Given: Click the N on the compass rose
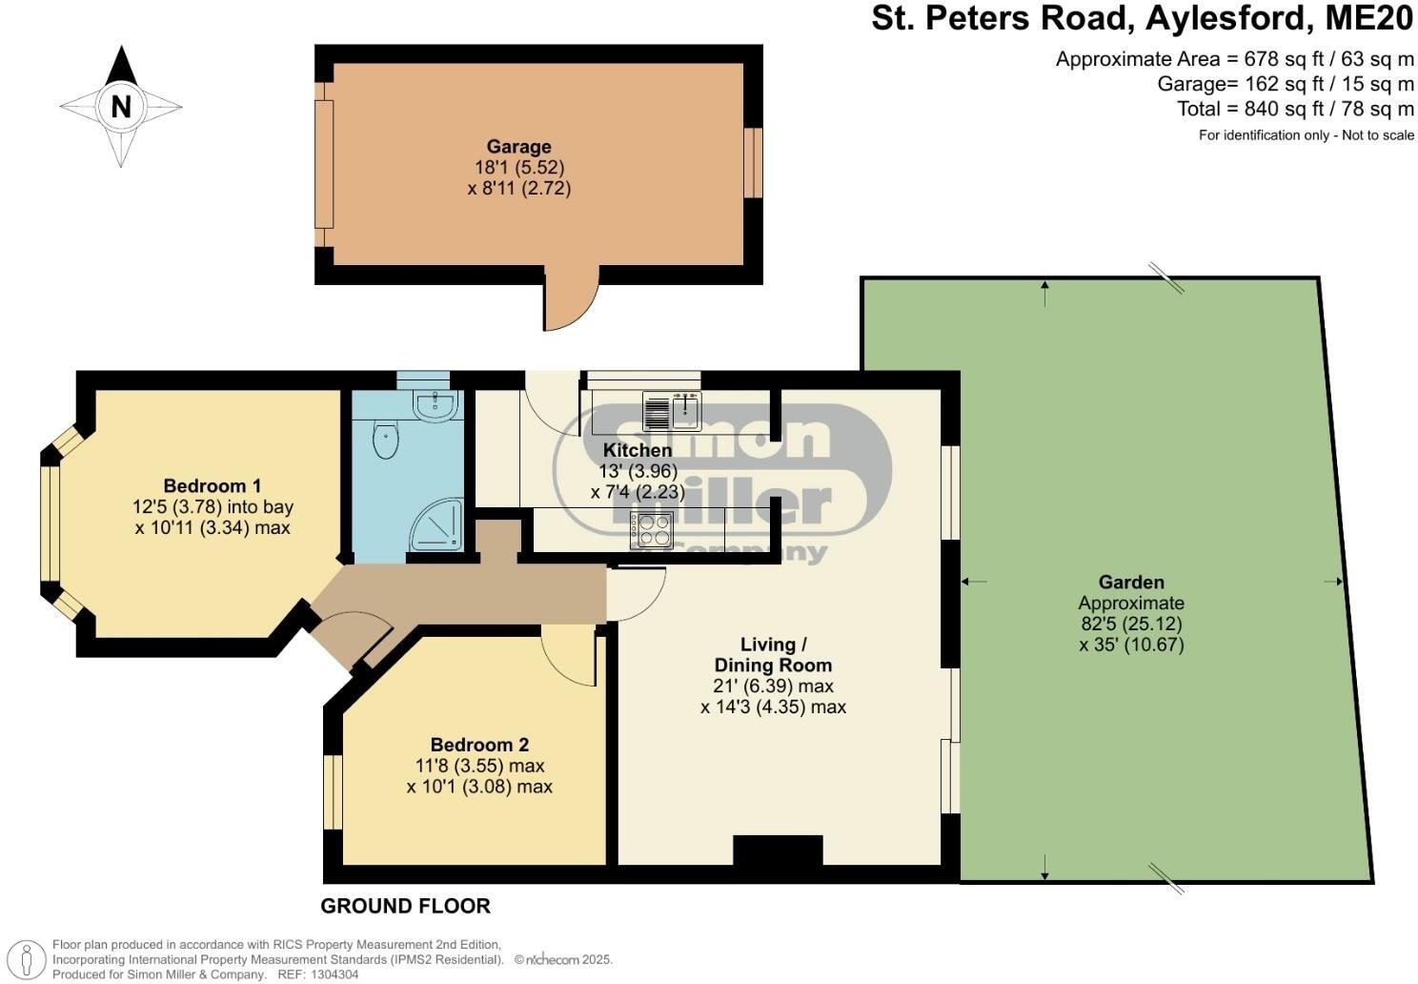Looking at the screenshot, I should click(121, 106).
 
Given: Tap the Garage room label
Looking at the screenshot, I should click(518, 147).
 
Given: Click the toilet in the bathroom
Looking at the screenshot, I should click(385, 441).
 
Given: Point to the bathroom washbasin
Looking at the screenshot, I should click(436, 404).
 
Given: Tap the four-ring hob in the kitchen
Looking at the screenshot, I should click(652, 528).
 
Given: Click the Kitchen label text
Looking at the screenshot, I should click(638, 450).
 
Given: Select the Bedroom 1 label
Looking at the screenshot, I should click(213, 485).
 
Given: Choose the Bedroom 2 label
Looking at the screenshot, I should click(479, 745).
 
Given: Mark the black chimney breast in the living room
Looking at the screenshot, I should click(777, 851).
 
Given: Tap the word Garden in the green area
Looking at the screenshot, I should click(1131, 582).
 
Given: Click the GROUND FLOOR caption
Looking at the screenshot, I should click(406, 906).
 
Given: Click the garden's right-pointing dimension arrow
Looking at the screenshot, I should click(1333, 582).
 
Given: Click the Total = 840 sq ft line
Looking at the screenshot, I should click(1295, 109).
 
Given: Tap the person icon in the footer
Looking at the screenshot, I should click(31, 958).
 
